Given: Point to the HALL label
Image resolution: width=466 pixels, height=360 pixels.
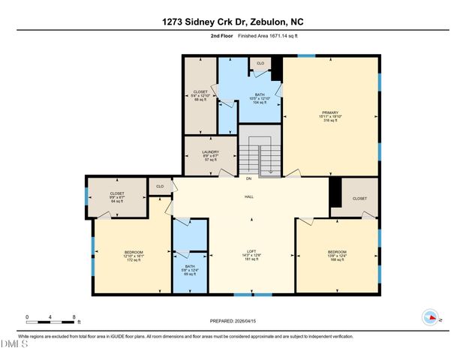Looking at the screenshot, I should (248, 196).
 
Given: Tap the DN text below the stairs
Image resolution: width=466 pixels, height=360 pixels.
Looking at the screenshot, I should (248, 178).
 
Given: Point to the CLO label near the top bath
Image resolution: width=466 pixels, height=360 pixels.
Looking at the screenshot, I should (260, 64).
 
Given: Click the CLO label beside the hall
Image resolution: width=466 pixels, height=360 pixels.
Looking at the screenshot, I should (159, 186).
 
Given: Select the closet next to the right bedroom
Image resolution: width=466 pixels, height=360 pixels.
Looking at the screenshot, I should (359, 198).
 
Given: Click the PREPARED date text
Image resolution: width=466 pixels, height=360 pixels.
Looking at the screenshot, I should (233, 321).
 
